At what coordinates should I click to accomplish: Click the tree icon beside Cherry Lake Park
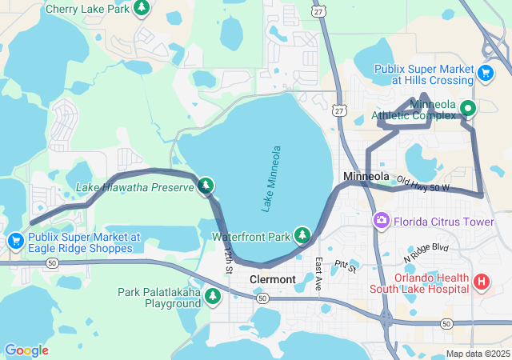click(x=142, y=8)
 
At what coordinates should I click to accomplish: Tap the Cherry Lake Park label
click(x=88, y=9)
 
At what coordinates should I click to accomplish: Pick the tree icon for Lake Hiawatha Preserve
click(x=206, y=186)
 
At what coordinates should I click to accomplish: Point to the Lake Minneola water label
click(x=272, y=178)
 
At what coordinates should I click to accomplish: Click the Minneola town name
click(x=366, y=176)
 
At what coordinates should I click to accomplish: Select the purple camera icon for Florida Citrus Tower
click(x=382, y=220)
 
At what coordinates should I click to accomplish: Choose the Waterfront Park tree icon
click(x=302, y=235)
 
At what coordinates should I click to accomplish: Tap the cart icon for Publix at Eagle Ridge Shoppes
click(x=15, y=240)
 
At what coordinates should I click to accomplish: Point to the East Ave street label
click(x=318, y=274)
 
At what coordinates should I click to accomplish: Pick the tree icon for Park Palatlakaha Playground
click(x=213, y=297)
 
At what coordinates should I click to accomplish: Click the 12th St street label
click(x=228, y=261)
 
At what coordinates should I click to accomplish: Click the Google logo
click(x=26, y=350)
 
